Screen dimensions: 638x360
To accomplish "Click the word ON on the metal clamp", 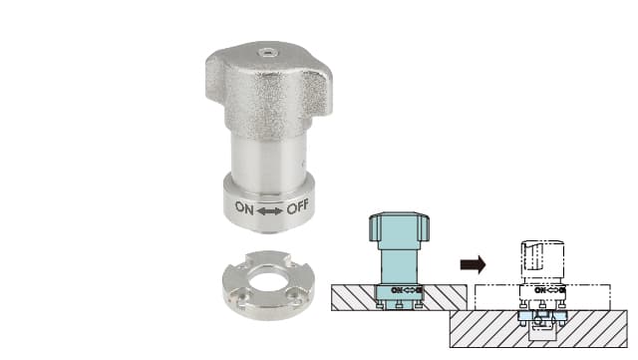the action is [x=244, y=208].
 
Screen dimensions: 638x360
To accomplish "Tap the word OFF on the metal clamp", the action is [x=298, y=207].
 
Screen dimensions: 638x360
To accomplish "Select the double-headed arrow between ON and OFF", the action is [x=270, y=211].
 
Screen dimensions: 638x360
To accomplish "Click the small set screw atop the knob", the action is [x=267, y=52].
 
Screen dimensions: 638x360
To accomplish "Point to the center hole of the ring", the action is [x=268, y=284].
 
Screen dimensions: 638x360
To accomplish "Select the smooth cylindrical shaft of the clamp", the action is [x=268, y=157].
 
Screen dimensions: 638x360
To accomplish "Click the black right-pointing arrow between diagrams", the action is [x=473, y=264].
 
